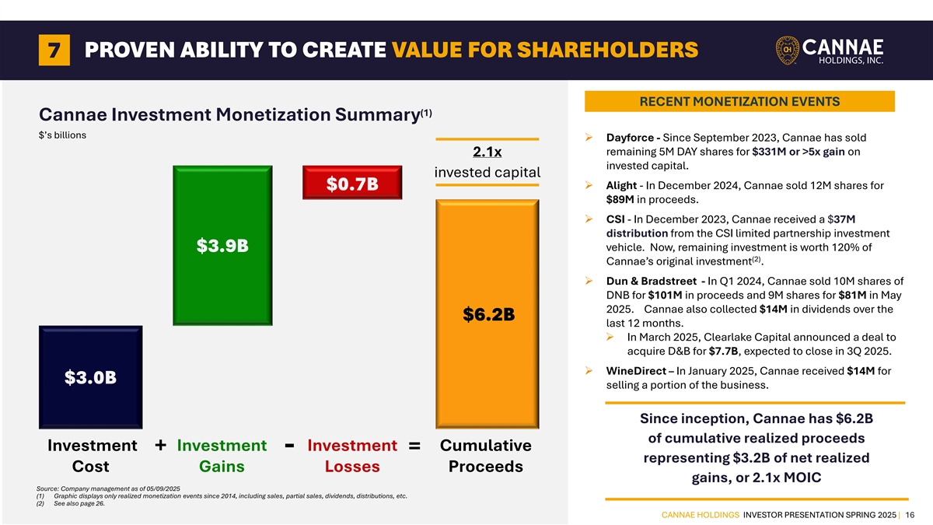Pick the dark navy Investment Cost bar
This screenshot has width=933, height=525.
tap(90, 376)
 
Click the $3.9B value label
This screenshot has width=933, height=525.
tap(222, 246)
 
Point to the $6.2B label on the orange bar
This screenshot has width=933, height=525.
tap(488, 314)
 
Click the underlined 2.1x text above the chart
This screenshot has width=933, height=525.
tap(487, 151)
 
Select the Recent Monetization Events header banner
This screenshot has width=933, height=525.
tap(739, 101)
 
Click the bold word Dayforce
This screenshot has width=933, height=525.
tap(630, 138)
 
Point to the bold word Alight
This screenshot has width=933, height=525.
tap(621, 186)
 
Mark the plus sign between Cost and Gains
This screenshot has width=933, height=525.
tap(159, 445)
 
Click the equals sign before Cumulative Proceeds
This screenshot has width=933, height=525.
tap(414, 446)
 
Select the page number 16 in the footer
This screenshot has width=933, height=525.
tap(909, 513)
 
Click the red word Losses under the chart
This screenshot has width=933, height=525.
tap(352, 467)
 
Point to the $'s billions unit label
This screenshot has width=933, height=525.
tap(62, 135)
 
